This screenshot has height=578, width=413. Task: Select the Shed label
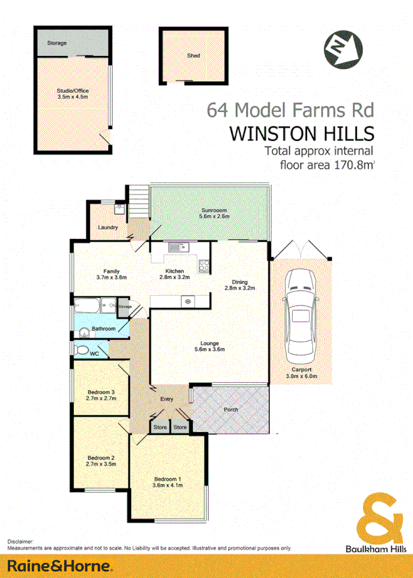193,56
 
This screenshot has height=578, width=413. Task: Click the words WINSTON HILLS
302,132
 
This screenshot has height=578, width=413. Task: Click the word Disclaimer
20,542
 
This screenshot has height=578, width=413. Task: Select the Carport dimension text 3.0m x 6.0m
301,377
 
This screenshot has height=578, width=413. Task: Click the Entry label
166,399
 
